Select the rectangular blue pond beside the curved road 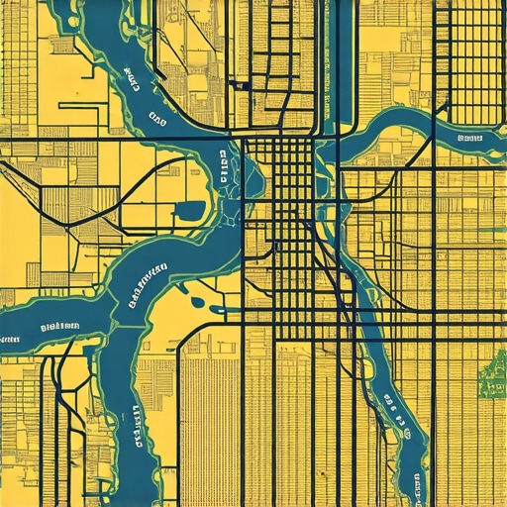tap(189, 210)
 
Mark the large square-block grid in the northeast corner tap(470, 59)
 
